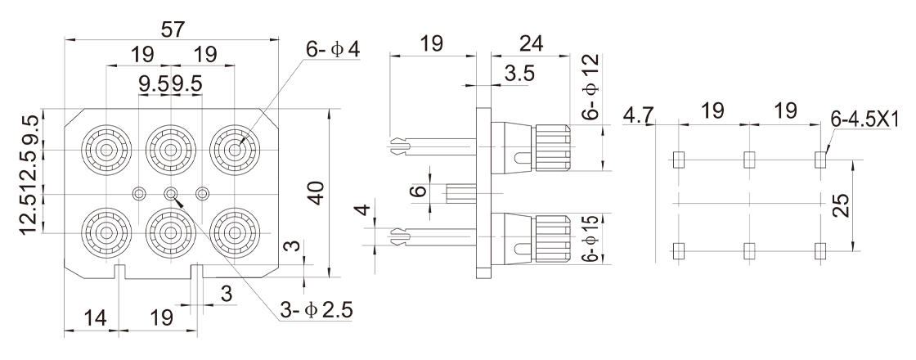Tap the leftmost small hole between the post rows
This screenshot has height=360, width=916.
point(139,193)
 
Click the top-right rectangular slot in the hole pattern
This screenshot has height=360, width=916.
point(820,160)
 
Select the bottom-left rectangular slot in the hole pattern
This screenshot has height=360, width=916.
point(676,250)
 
